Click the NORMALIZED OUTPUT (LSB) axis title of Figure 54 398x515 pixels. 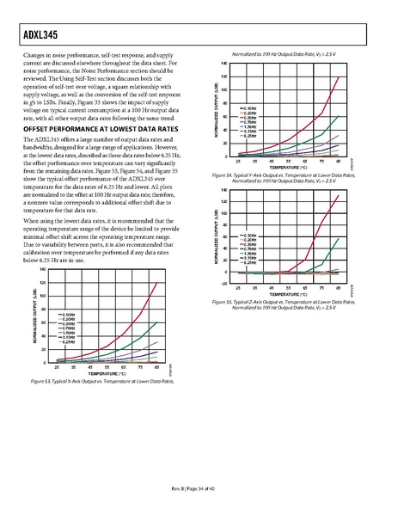coord(213,109)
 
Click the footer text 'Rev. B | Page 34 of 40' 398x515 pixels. coord(199,490)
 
